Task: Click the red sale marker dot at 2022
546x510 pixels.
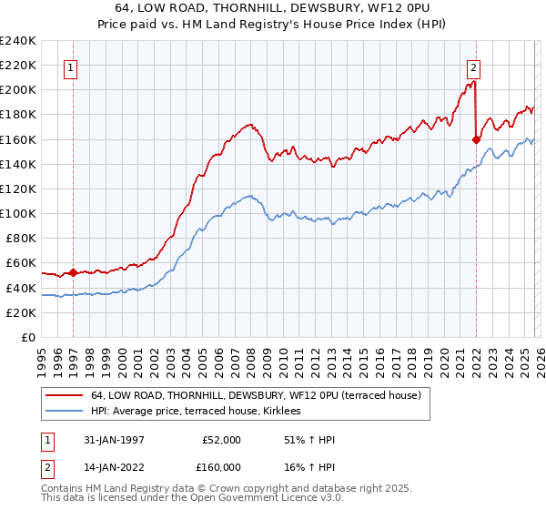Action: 476,139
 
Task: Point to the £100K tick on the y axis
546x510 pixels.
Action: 18,213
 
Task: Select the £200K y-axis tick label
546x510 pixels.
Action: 18,90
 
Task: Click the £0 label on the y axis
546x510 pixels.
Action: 27,337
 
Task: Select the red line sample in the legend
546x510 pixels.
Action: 64,396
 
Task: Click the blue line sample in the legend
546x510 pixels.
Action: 64,412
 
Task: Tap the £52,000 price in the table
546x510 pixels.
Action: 221,439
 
